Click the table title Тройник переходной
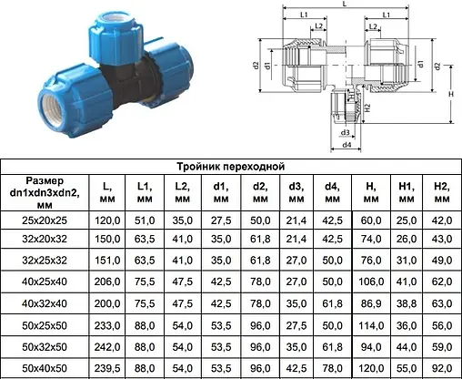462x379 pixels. pos(231,167)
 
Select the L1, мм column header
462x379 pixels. pos(145,192)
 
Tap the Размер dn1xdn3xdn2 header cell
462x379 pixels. pos(45,192)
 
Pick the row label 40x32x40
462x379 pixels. pos(45,303)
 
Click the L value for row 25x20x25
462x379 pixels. pos(107,220)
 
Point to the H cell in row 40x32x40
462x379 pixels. pos(371,303)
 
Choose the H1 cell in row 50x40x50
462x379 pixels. pos(407,368)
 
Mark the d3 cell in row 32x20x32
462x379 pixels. pos(296,239)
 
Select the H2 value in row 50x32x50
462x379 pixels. pos(442,347)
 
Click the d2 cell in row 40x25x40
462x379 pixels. pos(260,282)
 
